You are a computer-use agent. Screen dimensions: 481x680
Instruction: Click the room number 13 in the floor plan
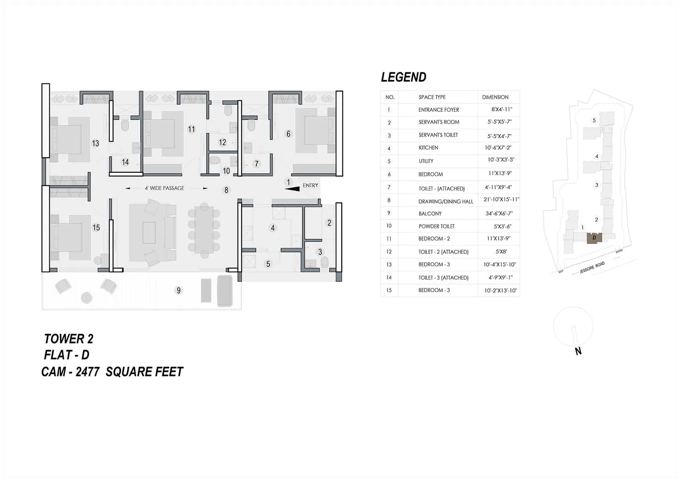(95, 143)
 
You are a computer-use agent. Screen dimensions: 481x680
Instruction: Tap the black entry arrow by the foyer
(292, 189)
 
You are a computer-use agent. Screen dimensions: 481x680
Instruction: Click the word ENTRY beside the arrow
(310, 185)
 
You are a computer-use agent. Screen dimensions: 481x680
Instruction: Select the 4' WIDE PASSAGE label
(164, 188)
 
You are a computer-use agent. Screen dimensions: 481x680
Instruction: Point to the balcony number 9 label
(178, 290)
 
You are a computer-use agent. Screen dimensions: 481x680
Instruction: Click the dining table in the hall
(204, 230)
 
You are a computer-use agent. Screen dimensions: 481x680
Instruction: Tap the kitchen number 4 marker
(273, 228)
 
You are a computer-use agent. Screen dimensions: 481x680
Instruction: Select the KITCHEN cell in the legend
(428, 148)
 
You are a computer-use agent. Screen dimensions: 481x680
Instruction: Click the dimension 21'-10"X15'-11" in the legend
(501, 199)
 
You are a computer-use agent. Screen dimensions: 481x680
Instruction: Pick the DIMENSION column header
(495, 97)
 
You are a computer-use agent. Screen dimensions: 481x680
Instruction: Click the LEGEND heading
(403, 77)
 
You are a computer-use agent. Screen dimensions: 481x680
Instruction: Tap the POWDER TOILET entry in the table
(436, 226)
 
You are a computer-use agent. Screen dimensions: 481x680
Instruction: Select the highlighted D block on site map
(594, 238)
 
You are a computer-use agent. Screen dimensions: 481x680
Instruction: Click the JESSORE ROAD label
(592, 268)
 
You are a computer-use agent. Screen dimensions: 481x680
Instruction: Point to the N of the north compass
(578, 351)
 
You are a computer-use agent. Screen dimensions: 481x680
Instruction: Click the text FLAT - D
(67, 355)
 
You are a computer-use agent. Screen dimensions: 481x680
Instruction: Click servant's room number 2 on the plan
(329, 222)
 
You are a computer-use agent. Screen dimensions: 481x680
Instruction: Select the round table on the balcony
(87, 297)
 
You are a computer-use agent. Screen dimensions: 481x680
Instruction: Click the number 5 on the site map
(594, 120)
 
